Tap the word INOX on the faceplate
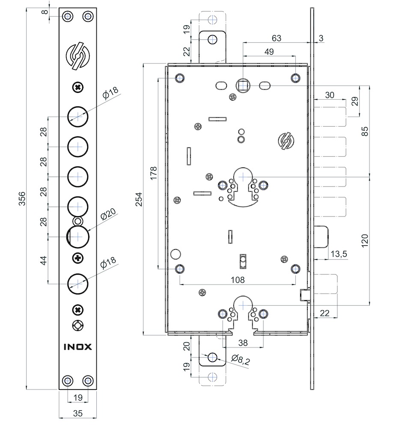pyautogui.click(x=77, y=346)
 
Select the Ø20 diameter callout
pyautogui.click(x=109, y=216)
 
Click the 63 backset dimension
pyautogui.click(x=276, y=38)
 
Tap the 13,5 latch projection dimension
pyautogui.click(x=339, y=254)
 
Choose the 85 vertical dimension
pyautogui.click(x=365, y=131)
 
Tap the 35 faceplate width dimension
pyautogui.click(x=77, y=414)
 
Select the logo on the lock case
pyautogui.click(x=285, y=141)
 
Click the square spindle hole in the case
pyautogui.click(x=243, y=86)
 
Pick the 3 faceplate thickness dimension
pyautogui.click(x=321, y=38)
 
